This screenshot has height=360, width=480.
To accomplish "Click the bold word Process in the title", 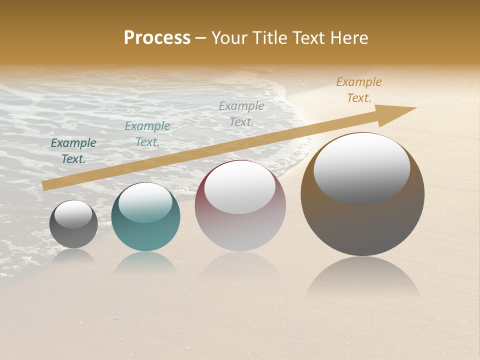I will click(x=157, y=38).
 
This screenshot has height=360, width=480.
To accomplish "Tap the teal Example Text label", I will click(x=147, y=134).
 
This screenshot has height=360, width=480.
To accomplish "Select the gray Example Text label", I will click(x=241, y=113).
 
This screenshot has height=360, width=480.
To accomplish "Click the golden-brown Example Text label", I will click(x=359, y=90).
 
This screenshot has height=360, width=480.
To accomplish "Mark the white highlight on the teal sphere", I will click(x=145, y=202).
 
